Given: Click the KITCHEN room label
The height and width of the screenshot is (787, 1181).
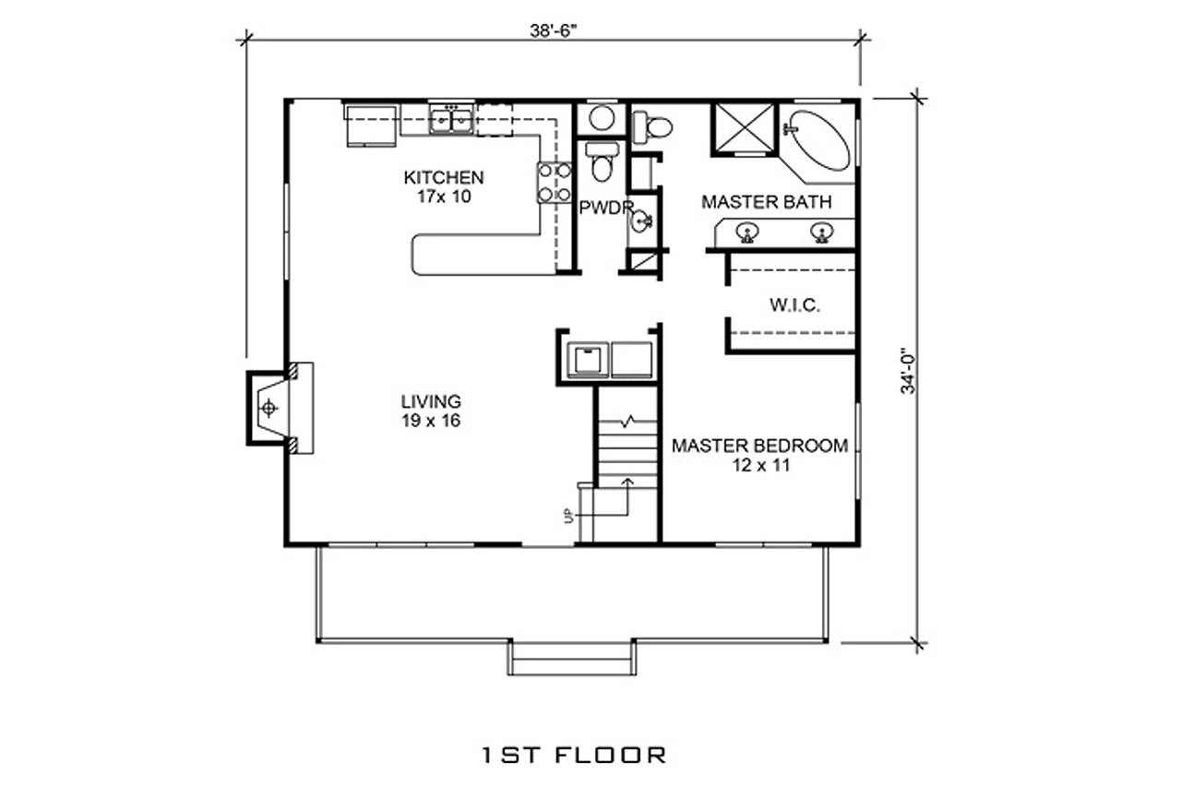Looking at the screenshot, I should pos(443,177).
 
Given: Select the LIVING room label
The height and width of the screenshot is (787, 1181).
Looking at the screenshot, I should pos(431,401).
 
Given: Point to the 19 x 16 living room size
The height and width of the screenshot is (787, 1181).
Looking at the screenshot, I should pos(431,421).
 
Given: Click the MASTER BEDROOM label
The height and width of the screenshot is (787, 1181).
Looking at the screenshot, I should pos(759,447).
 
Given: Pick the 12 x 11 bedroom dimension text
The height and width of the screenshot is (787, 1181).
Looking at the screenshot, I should pos(759,466).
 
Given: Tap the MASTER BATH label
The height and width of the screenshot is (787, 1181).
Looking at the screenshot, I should pos(766,201).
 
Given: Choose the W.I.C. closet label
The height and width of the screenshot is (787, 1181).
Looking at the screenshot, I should pos(794,305).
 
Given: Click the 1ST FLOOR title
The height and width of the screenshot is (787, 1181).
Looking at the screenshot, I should pos(573,755).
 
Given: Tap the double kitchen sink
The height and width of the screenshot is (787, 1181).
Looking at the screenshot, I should pos(451,119).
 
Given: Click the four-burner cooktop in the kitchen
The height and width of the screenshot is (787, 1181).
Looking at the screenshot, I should pos(555,182).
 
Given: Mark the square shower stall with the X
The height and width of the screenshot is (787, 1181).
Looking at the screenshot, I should pos(745,129).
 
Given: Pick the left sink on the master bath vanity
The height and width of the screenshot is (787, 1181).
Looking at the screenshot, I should pos(747,232).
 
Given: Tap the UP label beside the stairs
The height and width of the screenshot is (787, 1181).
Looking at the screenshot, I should pos(569,514).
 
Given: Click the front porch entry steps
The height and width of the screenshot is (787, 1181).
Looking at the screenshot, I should pos(571,659).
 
